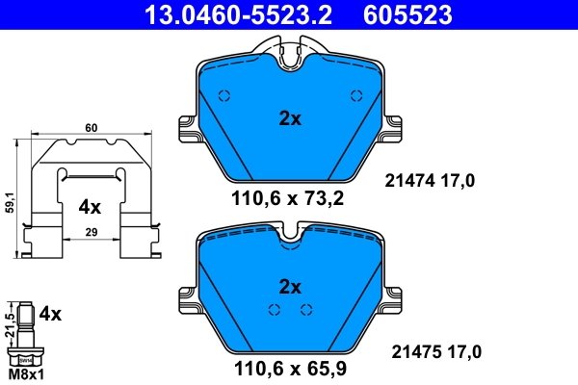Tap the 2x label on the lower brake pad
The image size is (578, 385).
(x=290, y=287)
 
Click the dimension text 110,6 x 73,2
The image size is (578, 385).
(x=288, y=199)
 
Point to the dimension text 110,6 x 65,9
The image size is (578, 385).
(x=288, y=367)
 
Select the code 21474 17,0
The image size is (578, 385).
(x=431, y=180)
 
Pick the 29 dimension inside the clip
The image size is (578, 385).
(x=90, y=232)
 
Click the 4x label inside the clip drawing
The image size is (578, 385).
(x=90, y=206)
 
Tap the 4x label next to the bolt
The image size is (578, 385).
(x=49, y=315)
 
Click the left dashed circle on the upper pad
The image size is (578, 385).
(x=225, y=95)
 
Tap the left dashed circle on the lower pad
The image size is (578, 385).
(x=274, y=309)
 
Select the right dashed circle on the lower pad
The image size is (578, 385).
(x=306, y=309)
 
